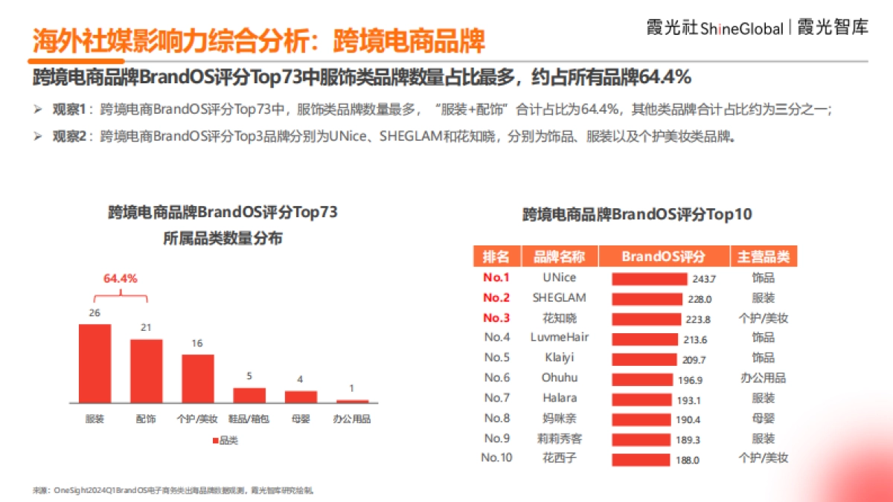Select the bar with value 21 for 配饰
tap(147, 370)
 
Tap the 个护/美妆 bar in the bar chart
tap(198, 378)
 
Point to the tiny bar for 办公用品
tap(352, 401)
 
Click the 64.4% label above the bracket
tap(120, 279)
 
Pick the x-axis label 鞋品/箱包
tap(249, 419)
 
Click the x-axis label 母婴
tap(301, 419)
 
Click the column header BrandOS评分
tap(663, 257)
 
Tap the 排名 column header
tap(496, 257)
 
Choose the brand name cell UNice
tap(560, 277)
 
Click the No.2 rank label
tap(496, 297)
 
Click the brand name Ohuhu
tap(560, 378)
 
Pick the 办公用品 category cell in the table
tap(763, 378)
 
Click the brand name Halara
tap(560, 398)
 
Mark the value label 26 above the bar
tap(95, 313)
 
